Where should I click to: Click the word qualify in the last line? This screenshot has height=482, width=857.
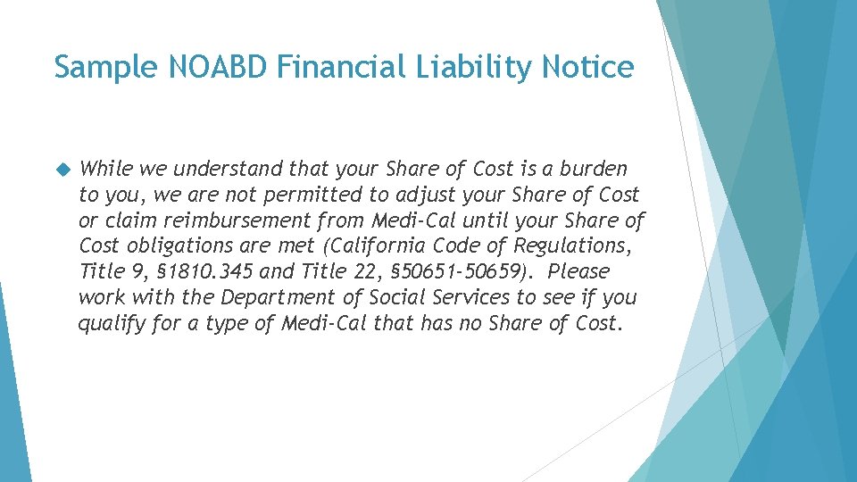[111, 323]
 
